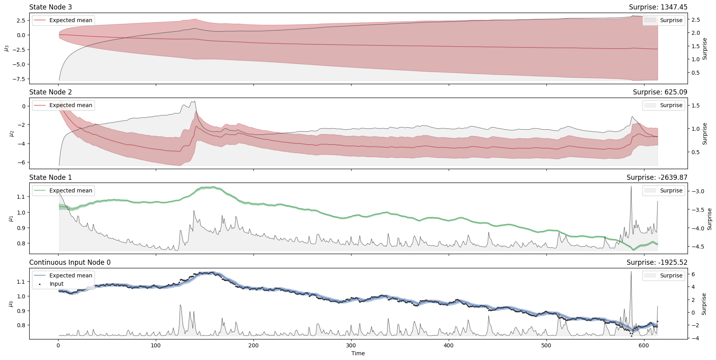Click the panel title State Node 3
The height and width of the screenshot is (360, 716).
point(51,7)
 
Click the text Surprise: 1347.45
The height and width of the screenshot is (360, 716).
point(658,7)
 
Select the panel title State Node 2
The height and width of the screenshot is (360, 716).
point(51,92)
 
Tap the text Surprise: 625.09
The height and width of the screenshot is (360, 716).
point(660,92)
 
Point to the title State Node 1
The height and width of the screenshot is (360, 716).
point(51,177)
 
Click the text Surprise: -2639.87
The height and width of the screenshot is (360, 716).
point(657,177)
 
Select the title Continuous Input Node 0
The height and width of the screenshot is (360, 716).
point(70,262)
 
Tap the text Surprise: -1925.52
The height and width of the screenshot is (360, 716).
point(657,262)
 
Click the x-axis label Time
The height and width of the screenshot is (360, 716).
point(358,353)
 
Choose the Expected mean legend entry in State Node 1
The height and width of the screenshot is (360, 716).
point(70,190)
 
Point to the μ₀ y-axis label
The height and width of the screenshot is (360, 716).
point(11,303)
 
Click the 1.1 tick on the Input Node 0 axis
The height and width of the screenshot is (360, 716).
point(21,282)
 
